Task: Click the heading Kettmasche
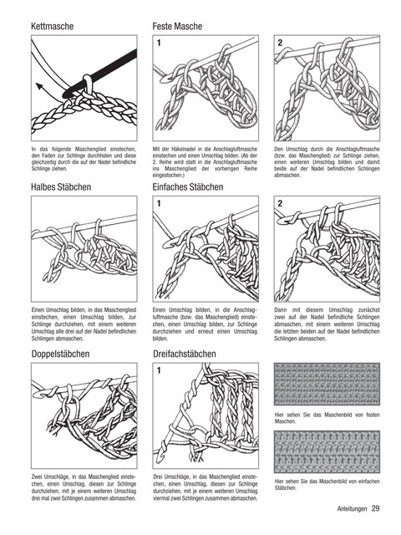tap(52, 26)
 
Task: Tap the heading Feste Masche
tap(177, 26)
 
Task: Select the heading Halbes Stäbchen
tap(61, 187)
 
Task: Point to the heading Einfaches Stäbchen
tap(188, 187)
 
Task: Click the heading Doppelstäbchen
tap(60, 354)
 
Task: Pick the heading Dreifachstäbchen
tap(185, 354)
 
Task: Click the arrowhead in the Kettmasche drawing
tap(39, 86)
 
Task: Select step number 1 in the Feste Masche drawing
tap(159, 43)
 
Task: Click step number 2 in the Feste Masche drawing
tap(281, 43)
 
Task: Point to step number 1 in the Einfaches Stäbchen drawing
tap(159, 204)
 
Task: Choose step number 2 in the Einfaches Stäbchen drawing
tap(281, 204)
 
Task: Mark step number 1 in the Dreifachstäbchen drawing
tap(159, 370)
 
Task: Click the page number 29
tap(375, 508)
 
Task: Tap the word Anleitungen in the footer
tap(352, 509)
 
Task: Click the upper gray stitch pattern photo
tap(327, 384)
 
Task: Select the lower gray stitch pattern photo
tap(327, 451)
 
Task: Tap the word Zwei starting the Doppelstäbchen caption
tap(37, 477)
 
